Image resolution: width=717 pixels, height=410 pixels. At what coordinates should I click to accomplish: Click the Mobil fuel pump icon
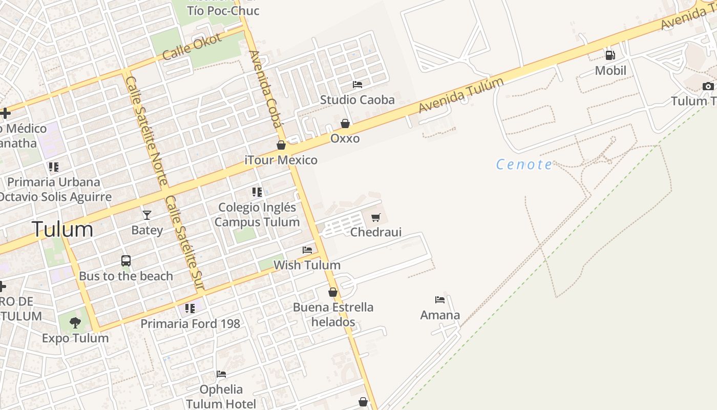(x=610, y=55)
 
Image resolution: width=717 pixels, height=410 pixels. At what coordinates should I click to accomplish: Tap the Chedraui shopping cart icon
(x=376, y=217)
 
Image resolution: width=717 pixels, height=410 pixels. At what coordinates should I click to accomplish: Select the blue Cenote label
(x=524, y=165)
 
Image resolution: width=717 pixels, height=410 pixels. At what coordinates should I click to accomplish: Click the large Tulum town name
(x=62, y=229)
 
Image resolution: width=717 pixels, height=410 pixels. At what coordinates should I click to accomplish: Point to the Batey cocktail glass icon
(x=147, y=215)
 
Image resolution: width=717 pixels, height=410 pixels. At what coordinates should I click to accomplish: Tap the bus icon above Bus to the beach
(x=126, y=261)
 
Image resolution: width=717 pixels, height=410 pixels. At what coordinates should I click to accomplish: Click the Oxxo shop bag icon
(x=345, y=124)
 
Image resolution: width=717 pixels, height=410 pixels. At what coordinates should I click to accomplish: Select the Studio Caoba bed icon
(x=357, y=85)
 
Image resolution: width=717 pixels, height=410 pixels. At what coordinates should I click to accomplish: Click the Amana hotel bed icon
(x=440, y=300)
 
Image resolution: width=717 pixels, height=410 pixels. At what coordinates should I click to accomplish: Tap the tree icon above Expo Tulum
(x=75, y=322)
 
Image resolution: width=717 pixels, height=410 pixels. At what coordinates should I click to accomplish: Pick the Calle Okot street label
(x=192, y=46)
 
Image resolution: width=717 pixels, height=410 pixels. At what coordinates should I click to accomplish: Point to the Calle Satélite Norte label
(x=147, y=131)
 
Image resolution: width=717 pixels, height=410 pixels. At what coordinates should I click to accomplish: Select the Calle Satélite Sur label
(x=185, y=243)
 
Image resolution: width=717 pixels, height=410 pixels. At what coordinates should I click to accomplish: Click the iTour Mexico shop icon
(x=281, y=145)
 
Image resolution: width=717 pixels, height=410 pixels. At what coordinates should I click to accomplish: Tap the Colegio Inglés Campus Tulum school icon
(x=257, y=192)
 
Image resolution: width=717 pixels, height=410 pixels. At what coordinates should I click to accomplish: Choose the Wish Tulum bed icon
(x=307, y=250)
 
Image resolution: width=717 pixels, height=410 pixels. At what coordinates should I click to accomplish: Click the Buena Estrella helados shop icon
(x=333, y=292)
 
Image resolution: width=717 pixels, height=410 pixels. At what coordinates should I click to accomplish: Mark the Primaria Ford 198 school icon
(x=190, y=309)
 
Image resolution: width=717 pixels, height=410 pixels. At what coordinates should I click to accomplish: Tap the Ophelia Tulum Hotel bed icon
(x=221, y=374)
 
